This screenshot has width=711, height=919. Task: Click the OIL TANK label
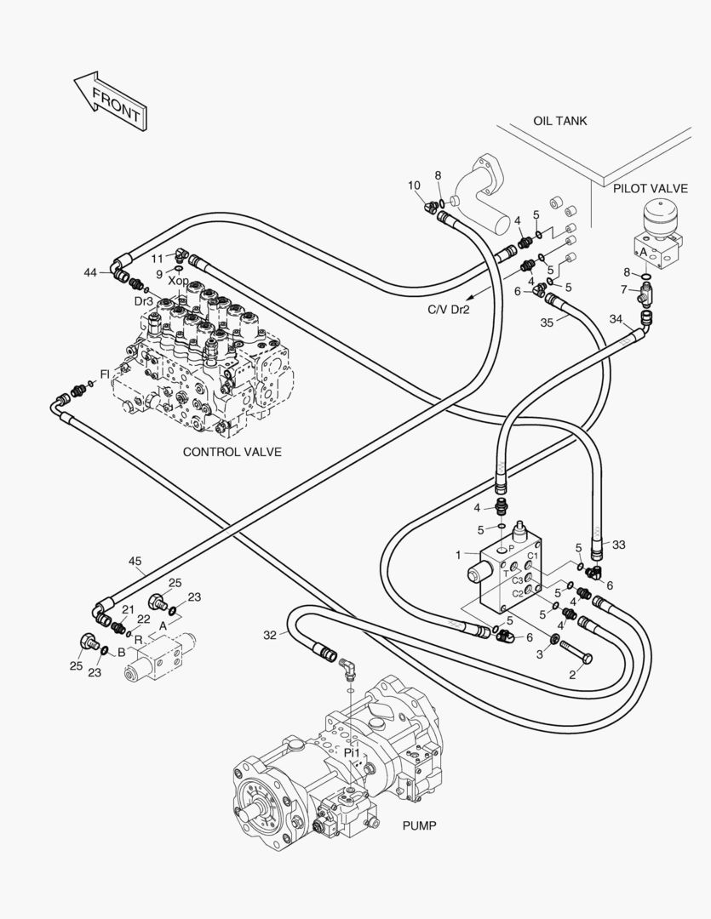tap(559, 121)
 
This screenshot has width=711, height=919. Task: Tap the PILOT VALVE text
tap(651, 188)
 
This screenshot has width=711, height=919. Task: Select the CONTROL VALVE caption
tap(232, 452)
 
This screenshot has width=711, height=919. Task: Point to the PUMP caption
tap(418, 825)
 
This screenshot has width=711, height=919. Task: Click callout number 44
tap(90, 272)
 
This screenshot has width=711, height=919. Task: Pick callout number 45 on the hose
tap(135, 562)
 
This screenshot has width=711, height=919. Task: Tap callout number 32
tap(270, 635)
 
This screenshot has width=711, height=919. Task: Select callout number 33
tap(618, 545)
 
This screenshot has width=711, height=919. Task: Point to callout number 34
tap(616, 319)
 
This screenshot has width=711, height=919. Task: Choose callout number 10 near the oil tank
tap(414, 186)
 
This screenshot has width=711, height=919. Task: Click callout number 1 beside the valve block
tap(458, 555)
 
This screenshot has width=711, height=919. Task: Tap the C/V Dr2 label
tap(448, 310)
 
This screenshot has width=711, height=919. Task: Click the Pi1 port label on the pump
tap(353, 753)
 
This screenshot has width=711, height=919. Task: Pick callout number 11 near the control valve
tap(157, 258)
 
